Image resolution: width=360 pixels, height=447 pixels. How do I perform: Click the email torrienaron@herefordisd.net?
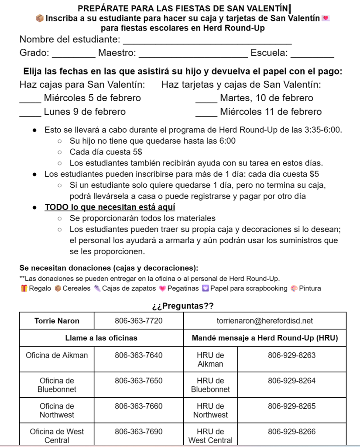click(264, 321)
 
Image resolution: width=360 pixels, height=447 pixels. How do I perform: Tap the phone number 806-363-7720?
click(138, 321)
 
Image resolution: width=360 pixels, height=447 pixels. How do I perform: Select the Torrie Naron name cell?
click(57, 321)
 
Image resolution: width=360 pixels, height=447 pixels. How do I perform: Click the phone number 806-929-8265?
click(291, 406)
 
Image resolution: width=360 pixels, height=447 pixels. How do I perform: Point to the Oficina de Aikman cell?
click(57, 355)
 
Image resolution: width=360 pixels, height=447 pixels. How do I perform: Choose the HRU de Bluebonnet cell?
click(210, 385)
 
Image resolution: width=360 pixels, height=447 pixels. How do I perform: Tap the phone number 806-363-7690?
click(138, 431)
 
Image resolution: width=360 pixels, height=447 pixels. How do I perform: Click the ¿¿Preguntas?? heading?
click(182, 306)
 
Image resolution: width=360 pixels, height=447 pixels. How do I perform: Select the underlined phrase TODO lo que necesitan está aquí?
click(110, 207)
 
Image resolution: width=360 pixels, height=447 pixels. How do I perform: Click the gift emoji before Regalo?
click(24, 288)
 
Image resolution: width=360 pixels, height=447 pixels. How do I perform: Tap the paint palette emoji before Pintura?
click(295, 288)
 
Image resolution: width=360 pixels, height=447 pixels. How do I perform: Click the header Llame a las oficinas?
click(101, 337)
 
